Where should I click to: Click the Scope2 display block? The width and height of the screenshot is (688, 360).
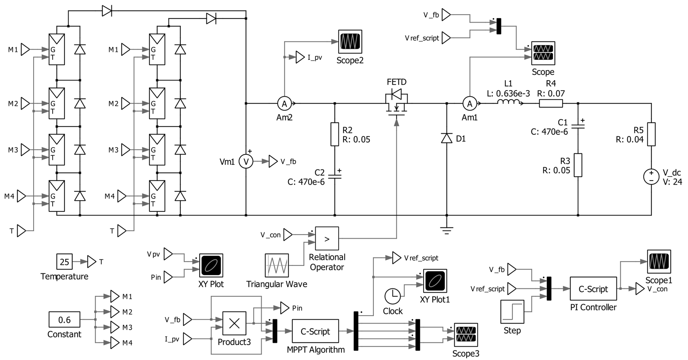pyautogui.click(x=350, y=42)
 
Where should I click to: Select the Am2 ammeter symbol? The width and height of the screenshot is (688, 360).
pyautogui.click(x=284, y=103)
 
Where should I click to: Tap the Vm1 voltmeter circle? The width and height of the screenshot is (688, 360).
pyautogui.click(x=246, y=161)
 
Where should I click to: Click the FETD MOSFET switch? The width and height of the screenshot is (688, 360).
pyautogui.click(x=397, y=103)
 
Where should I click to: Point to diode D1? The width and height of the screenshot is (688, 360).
pyautogui.click(x=446, y=138)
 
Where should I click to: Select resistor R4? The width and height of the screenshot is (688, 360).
pyautogui.click(x=551, y=103)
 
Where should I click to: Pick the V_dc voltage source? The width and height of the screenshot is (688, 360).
pyautogui.click(x=651, y=177)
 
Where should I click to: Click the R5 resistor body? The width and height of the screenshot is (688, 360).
pyautogui.click(x=651, y=134)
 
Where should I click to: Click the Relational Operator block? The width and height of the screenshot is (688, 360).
pyautogui.click(x=327, y=238)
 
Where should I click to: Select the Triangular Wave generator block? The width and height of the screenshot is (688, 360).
pyautogui.click(x=277, y=265)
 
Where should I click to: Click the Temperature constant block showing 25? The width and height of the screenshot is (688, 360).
pyautogui.click(x=64, y=261)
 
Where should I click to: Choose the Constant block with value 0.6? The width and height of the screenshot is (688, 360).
pyautogui.click(x=64, y=319)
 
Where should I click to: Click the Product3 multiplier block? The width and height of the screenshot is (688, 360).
pyautogui.click(x=234, y=323)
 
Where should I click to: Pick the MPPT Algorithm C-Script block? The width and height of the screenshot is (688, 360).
pyautogui.click(x=315, y=331)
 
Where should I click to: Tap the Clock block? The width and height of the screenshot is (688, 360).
pyautogui.click(x=392, y=296)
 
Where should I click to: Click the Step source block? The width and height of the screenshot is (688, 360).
pyautogui.click(x=512, y=312)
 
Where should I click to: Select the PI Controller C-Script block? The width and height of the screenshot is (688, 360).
pyautogui.click(x=593, y=289)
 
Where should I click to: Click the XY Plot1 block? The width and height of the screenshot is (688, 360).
pyautogui.click(x=435, y=281)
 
